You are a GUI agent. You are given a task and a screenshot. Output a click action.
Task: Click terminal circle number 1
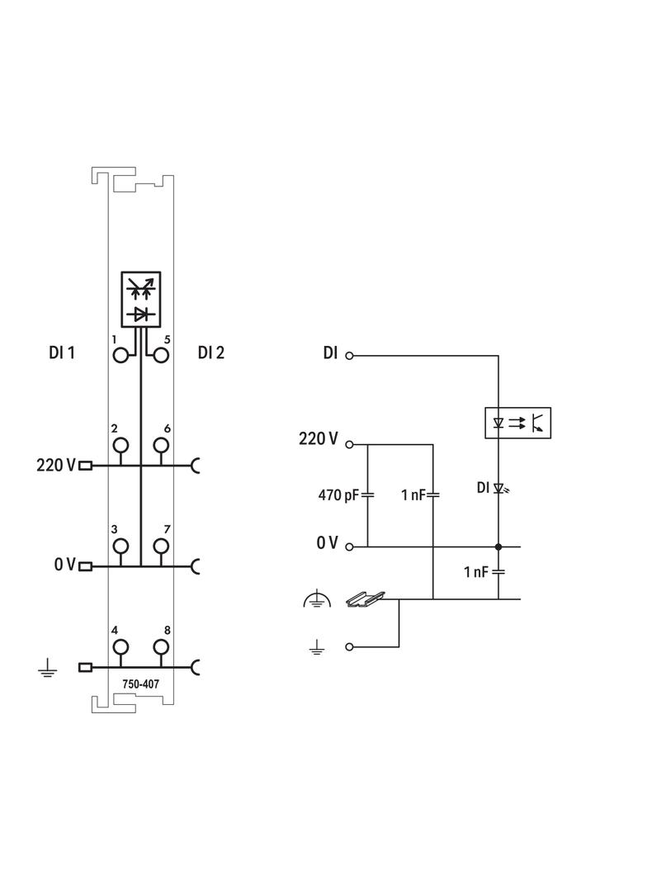(121, 356)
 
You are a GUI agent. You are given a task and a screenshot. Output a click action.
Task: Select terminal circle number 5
(161, 356)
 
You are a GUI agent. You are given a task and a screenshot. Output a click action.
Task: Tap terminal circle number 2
(121, 446)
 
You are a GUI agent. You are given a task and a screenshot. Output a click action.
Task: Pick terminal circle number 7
(161, 546)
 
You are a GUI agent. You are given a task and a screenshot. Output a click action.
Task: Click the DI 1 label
(62, 352)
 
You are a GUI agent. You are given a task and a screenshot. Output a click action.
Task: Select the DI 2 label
(211, 352)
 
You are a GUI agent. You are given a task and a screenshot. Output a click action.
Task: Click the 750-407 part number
(141, 684)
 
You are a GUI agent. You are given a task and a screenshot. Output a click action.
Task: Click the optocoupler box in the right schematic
(517, 423)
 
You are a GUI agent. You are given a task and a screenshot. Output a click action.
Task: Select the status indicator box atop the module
(141, 298)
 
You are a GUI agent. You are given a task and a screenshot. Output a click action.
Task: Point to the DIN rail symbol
(364, 598)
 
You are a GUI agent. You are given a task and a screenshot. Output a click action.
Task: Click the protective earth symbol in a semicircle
(317, 601)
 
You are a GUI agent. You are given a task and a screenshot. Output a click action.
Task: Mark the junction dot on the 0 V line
(498, 546)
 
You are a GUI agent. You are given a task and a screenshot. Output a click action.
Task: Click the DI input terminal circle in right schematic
(349, 356)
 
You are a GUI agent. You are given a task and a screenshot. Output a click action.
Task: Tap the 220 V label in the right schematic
(318, 439)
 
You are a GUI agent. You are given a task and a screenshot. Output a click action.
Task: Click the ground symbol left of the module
(48, 668)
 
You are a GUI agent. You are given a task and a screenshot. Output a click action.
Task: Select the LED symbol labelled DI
(498, 488)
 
